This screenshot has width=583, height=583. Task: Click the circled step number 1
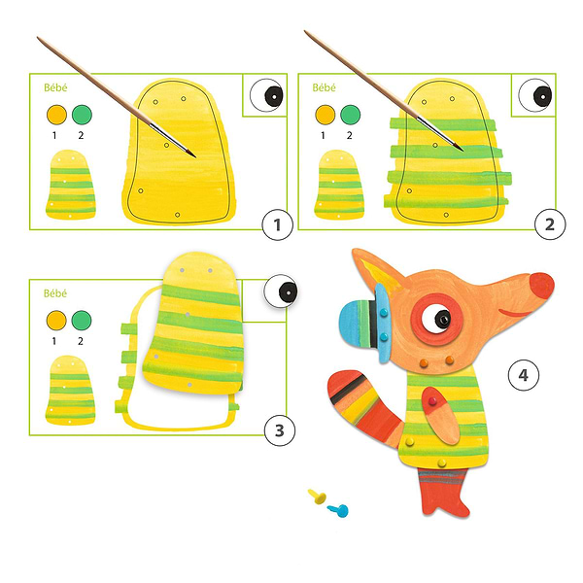click(x=277, y=224)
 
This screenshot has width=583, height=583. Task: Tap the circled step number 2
click(x=550, y=224)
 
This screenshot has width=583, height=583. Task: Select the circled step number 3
click(x=280, y=430)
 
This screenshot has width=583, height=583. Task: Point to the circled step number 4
click(x=523, y=375)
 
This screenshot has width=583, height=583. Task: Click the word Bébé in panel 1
click(x=55, y=87)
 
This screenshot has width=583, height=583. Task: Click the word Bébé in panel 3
click(x=55, y=293)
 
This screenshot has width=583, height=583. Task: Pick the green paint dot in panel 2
click(x=350, y=115)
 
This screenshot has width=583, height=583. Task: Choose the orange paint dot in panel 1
click(x=56, y=115)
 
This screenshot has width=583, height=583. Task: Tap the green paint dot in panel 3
click(x=82, y=320)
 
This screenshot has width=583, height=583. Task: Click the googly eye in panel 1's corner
click(x=266, y=95)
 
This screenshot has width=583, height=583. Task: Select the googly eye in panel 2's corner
click(x=535, y=95)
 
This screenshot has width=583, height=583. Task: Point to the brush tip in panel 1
click(x=195, y=156)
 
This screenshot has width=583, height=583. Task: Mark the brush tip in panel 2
click(x=463, y=151)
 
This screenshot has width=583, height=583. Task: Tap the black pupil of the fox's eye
click(x=442, y=320)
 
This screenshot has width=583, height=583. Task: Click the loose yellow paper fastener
click(x=318, y=497)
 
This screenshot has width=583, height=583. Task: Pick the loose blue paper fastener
click(x=338, y=510)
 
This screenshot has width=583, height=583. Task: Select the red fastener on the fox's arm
click(x=432, y=401)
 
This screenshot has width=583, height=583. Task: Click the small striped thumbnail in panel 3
click(x=70, y=391)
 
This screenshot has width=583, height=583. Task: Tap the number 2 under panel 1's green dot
click(x=81, y=136)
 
